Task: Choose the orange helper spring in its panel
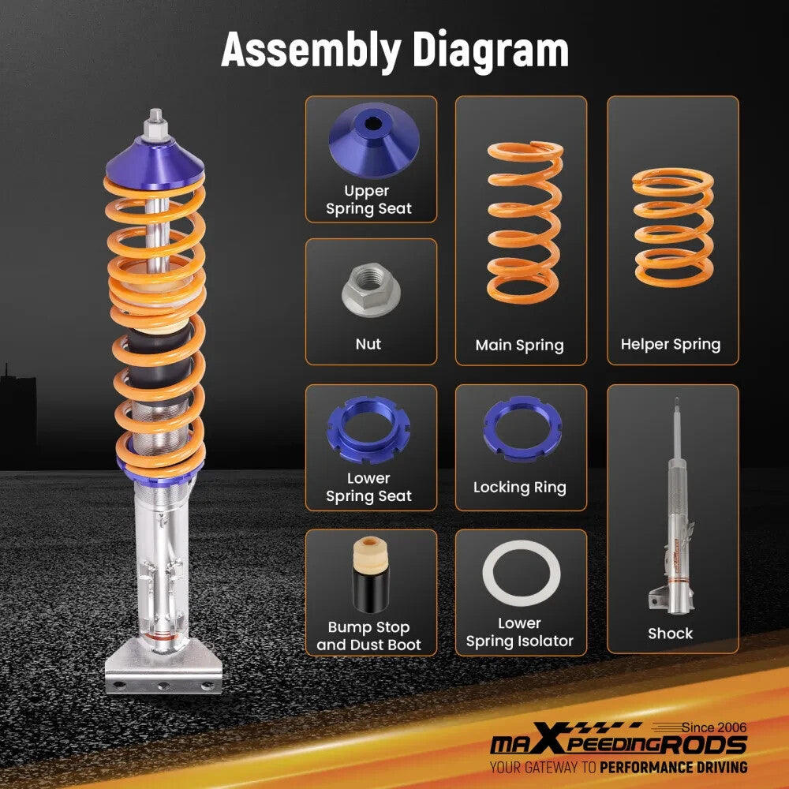[x=672, y=228]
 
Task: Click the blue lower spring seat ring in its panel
[x=368, y=430]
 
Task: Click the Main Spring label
[x=519, y=346]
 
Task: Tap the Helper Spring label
[x=671, y=345]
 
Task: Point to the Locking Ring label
[x=519, y=488]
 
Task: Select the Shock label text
[x=671, y=634]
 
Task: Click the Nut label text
[x=368, y=345]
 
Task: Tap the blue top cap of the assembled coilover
[x=155, y=158]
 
